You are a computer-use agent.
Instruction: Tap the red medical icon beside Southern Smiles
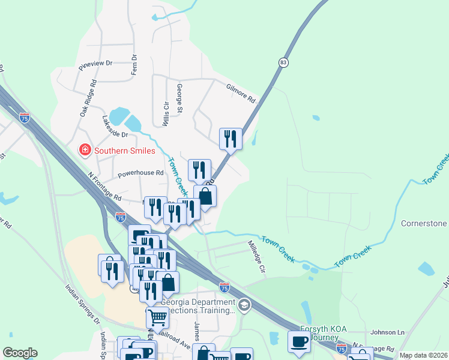point(85,150)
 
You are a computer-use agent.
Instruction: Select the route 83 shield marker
point(283,62)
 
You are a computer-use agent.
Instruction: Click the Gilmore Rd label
point(241,92)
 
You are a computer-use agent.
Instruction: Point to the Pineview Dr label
point(95,63)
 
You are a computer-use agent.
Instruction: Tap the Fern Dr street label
point(134,65)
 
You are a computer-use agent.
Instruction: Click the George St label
point(179,98)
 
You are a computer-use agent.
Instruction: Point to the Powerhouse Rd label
point(140,173)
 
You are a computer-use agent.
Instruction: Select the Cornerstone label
point(424,224)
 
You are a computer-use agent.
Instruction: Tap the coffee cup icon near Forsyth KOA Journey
point(299,343)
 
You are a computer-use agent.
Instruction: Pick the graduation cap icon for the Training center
point(244,305)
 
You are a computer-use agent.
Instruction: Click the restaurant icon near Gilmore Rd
point(231,139)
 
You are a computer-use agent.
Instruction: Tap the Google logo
point(20,353)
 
